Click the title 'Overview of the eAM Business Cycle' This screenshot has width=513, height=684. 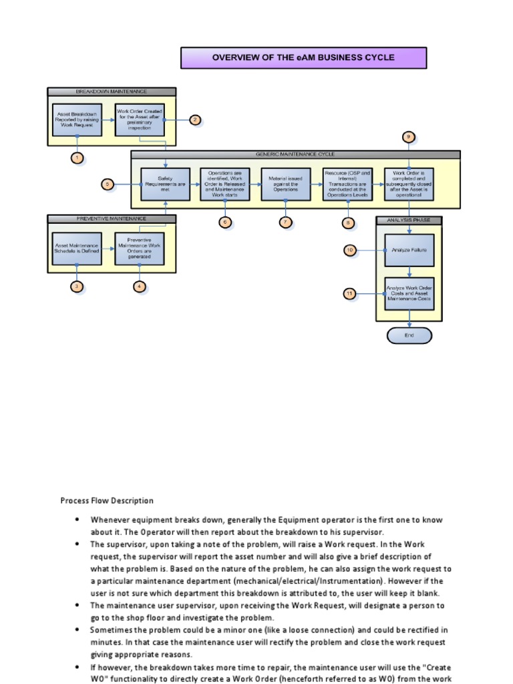coord(303,57)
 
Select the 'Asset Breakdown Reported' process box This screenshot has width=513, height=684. coord(77,119)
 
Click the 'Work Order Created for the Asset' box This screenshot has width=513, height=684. coord(140,119)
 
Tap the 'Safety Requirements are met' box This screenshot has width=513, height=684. coord(166,184)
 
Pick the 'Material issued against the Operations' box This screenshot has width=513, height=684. coord(285,184)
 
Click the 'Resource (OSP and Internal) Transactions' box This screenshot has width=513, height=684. coord(347,184)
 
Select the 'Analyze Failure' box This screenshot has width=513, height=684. coord(409,250)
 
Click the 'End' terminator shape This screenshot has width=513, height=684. coord(409,335)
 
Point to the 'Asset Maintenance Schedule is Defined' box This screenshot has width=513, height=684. coord(77,248)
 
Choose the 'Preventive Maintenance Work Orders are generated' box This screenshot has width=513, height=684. coord(140,248)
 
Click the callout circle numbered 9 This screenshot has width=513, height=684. coord(409,137)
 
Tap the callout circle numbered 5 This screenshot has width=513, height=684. coord(108,184)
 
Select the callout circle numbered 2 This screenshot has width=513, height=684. coord(194,120)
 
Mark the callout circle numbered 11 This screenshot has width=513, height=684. coord(349,293)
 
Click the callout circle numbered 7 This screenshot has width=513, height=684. coord(285,222)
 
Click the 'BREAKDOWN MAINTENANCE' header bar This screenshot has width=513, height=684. coord(112,92)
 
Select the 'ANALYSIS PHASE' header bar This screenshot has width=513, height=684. coord(409,220)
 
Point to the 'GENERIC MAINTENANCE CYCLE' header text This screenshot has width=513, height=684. coord(295,154)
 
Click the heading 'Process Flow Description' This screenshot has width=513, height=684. coord(107,500)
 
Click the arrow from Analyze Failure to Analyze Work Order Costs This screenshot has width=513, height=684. coord(409,271)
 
